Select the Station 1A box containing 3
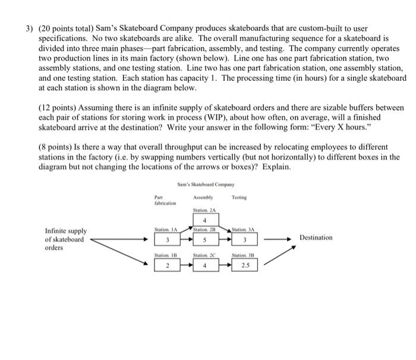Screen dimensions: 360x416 pyautogui.click(x=167, y=240)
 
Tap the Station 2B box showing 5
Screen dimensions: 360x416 pyautogui.click(x=203, y=240)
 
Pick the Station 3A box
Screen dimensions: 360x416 pyautogui.click(x=244, y=240)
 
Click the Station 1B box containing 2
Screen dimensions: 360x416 pyautogui.click(x=167, y=266)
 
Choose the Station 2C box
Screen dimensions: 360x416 pyautogui.click(x=203, y=266)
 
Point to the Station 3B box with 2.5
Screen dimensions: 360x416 pyautogui.click(x=244, y=266)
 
